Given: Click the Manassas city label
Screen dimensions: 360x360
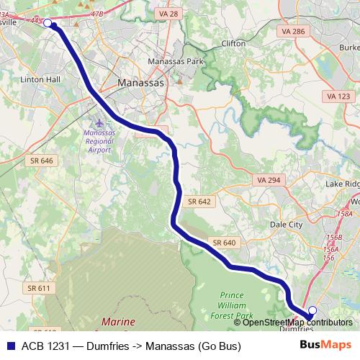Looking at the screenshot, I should coord(141,84).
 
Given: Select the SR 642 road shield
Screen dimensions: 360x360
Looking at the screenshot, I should coord(199,202).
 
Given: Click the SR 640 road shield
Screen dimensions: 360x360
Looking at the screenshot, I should coord(224,243).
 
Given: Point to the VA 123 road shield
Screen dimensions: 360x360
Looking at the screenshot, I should coord(338,96).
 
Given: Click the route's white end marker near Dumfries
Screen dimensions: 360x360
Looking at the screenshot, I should coord(312,311).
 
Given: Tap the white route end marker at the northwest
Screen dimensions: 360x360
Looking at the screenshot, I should coord(48,23).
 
